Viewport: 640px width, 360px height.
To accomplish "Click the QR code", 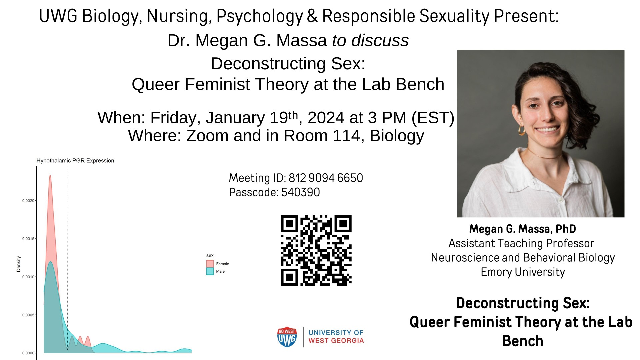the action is (316, 250).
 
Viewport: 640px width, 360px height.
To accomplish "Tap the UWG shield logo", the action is (287, 337).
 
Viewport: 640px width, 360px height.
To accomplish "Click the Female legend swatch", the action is (210, 264).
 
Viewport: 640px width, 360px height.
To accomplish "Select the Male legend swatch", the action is (210, 271).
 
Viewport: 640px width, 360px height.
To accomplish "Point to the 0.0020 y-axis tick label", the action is (28, 201).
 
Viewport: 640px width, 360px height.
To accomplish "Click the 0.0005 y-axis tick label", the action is (28, 315).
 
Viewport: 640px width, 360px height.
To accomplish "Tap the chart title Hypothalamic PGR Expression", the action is (75, 161).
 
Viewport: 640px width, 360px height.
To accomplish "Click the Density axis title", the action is (19, 264).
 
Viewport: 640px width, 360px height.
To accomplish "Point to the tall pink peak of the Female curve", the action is (50, 176).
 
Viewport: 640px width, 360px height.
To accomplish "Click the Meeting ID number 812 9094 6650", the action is (326, 178).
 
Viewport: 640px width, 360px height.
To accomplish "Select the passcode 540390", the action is (301, 192).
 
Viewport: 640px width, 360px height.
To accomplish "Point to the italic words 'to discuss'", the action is (370, 41).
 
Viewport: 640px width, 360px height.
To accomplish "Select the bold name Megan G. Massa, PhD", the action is (523, 229).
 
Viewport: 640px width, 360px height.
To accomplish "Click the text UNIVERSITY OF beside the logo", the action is (336, 333).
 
